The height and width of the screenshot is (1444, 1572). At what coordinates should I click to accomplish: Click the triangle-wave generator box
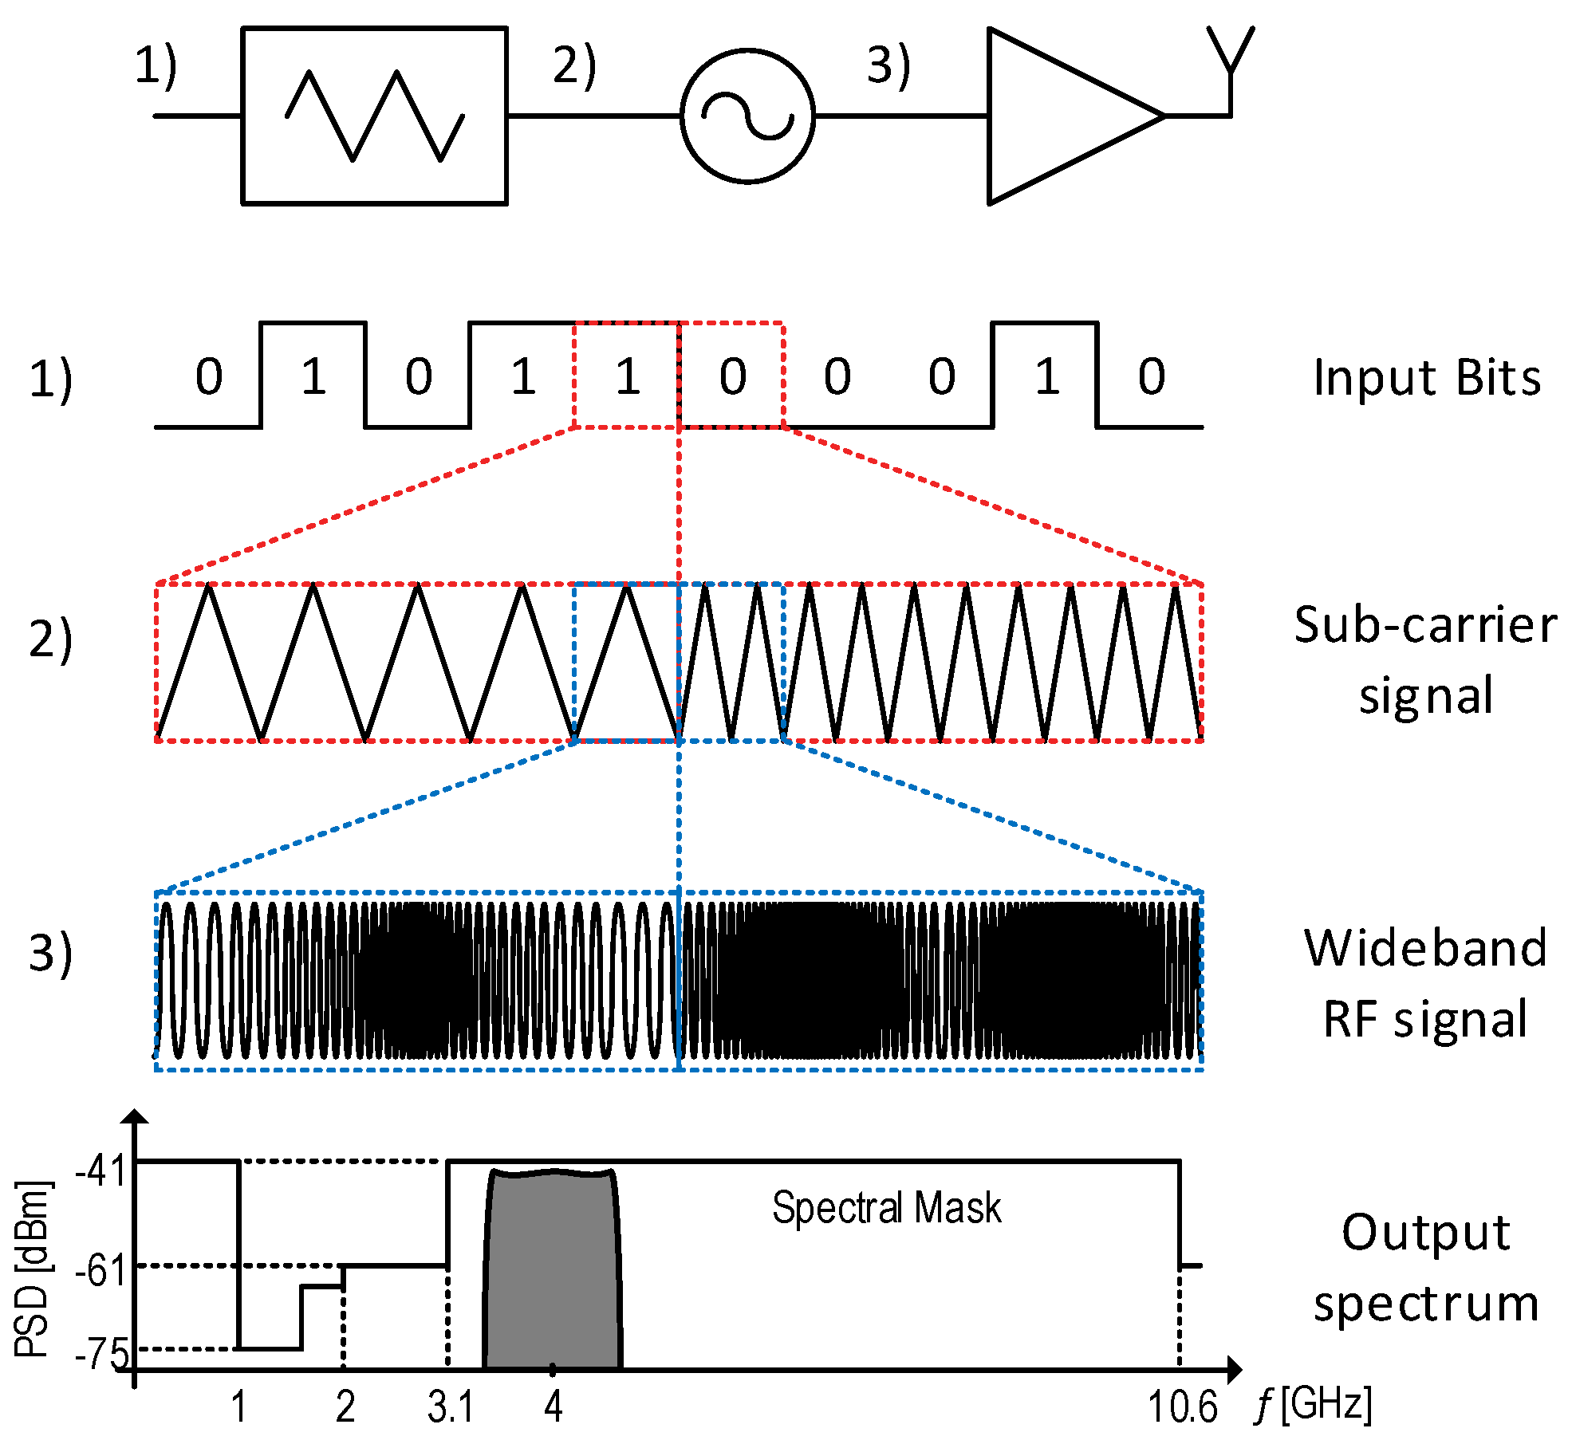(x=374, y=116)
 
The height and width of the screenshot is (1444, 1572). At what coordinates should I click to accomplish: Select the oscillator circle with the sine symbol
(x=747, y=116)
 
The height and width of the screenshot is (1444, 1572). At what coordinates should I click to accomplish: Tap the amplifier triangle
(x=1061, y=116)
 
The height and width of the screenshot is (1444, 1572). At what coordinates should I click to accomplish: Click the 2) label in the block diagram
(x=574, y=65)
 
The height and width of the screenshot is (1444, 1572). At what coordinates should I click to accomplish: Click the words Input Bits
(x=1427, y=377)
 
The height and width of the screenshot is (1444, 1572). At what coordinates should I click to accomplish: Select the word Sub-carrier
(x=1425, y=624)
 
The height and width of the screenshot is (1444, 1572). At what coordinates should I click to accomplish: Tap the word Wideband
(x=1425, y=948)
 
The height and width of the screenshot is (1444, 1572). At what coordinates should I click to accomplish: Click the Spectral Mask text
(x=886, y=1207)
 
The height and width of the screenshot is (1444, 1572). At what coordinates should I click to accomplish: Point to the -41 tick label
(x=101, y=1171)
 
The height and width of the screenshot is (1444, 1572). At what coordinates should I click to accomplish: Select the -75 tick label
(x=102, y=1353)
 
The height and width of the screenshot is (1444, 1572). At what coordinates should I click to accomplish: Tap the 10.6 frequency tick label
(x=1182, y=1407)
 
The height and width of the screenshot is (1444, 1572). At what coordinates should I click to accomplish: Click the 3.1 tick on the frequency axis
(x=451, y=1407)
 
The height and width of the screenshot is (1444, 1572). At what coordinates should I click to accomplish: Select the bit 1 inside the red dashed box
(x=628, y=376)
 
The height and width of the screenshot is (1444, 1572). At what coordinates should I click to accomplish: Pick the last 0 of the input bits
(x=1151, y=376)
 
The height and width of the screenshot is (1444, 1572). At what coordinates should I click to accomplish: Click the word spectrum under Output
(x=1426, y=1304)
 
